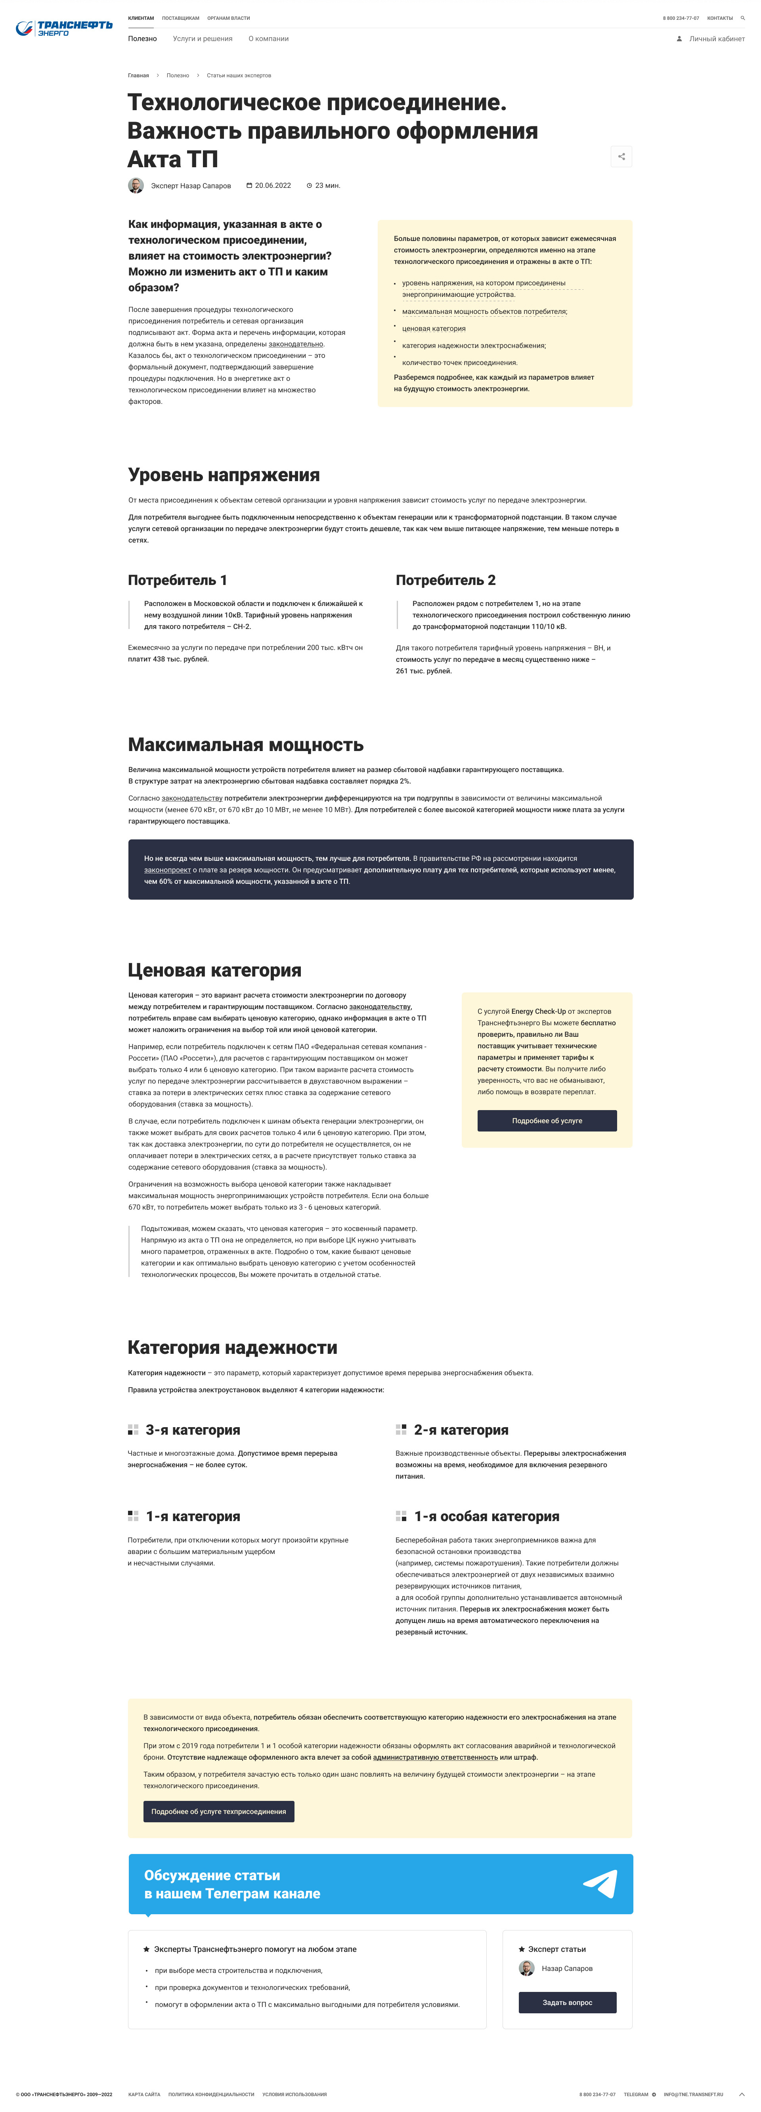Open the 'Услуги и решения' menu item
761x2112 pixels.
coord(203,38)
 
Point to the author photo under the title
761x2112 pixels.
coord(136,185)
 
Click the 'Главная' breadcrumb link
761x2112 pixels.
coord(139,75)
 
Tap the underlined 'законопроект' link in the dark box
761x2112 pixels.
coord(167,870)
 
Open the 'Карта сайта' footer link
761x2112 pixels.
coord(144,2094)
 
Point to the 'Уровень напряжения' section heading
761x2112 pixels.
coord(224,475)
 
